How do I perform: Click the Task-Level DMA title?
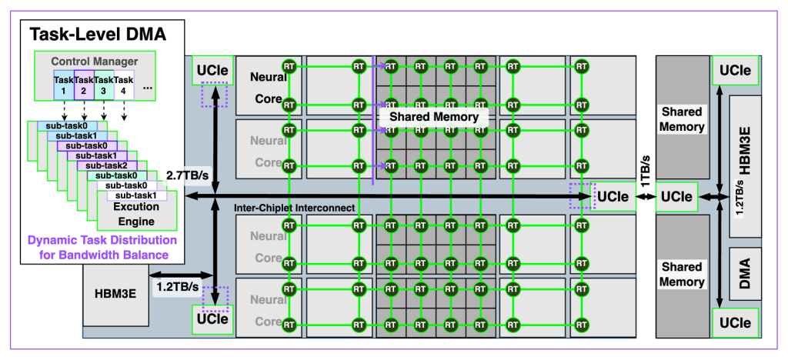click(97, 34)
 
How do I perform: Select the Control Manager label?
click(94, 61)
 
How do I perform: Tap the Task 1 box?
click(63, 85)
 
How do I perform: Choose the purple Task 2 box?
click(84, 85)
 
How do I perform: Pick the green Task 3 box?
click(104, 85)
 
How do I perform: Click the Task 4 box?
click(124, 85)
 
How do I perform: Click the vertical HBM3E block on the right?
click(744, 165)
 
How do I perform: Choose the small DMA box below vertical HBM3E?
click(744, 274)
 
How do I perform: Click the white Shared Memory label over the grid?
click(434, 117)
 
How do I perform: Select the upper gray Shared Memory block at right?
click(682, 119)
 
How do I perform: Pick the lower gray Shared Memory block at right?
click(682, 274)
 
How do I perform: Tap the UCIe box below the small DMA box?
click(735, 322)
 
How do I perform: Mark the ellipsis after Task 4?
click(148, 87)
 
